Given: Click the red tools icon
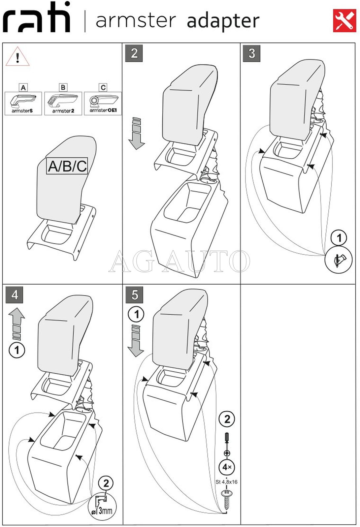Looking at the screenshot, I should pyautogui.click(x=344, y=21).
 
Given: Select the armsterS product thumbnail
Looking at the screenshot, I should pyautogui.click(x=23, y=103).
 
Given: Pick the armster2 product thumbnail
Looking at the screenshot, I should pyautogui.click(x=63, y=103).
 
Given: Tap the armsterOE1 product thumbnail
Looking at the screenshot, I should pyautogui.click(x=103, y=103).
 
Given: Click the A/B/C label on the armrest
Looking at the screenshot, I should pyautogui.click(x=67, y=166).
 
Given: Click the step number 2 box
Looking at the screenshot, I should pyautogui.click(x=134, y=53).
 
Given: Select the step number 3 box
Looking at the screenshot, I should pyautogui.click(x=251, y=53).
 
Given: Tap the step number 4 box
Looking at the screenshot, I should pyautogui.click(x=15, y=294).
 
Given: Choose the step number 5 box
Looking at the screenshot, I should pyautogui.click(x=134, y=295).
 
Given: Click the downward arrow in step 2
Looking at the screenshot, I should pyautogui.click(x=136, y=133).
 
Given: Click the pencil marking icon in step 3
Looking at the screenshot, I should pyautogui.click(x=339, y=261).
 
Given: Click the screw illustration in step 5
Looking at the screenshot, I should pyautogui.click(x=226, y=500).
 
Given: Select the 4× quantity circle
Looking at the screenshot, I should pyautogui.click(x=227, y=467).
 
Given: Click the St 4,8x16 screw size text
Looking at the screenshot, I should pyautogui.click(x=226, y=482).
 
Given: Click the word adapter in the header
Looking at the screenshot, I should pyautogui.click(x=223, y=21).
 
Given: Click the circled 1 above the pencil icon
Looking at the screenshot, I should pyautogui.click(x=339, y=238).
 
